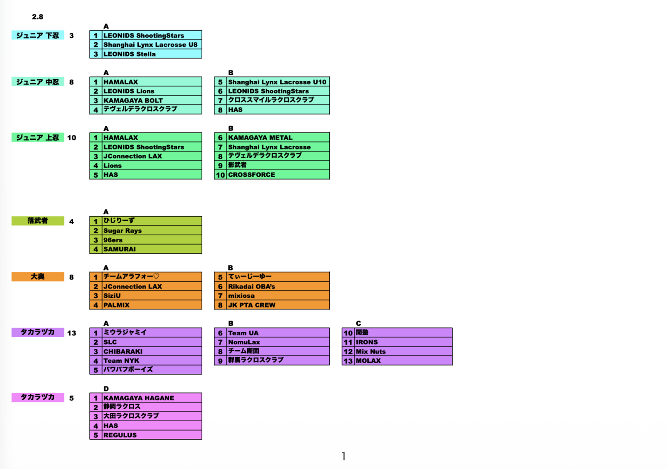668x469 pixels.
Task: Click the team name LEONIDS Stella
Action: coord(129,54)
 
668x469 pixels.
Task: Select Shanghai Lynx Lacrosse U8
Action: coord(150,45)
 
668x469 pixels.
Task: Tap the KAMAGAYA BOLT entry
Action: coord(133,101)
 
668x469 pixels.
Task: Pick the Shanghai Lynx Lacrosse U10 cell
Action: coord(277,82)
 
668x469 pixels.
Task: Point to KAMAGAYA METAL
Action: coord(260,138)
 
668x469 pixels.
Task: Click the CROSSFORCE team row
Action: coord(251,175)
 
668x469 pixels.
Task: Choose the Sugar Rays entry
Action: coord(122,231)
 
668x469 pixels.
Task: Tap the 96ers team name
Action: coord(113,240)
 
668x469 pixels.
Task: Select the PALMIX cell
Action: coord(116,305)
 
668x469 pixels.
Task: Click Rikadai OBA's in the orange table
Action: coord(251,287)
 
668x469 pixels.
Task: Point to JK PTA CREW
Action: coord(251,305)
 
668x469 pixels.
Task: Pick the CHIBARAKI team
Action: coord(123,352)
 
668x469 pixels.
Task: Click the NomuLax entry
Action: coord(244,342)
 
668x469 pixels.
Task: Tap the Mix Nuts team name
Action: coord(371,352)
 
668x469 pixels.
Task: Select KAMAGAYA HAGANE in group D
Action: coord(139,398)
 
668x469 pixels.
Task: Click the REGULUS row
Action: coord(120,435)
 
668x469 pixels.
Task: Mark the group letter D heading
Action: coord(106,389)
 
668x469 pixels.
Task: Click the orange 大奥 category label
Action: coord(38,276)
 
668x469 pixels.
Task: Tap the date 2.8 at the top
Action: coord(38,17)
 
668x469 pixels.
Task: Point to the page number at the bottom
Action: coord(343,456)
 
